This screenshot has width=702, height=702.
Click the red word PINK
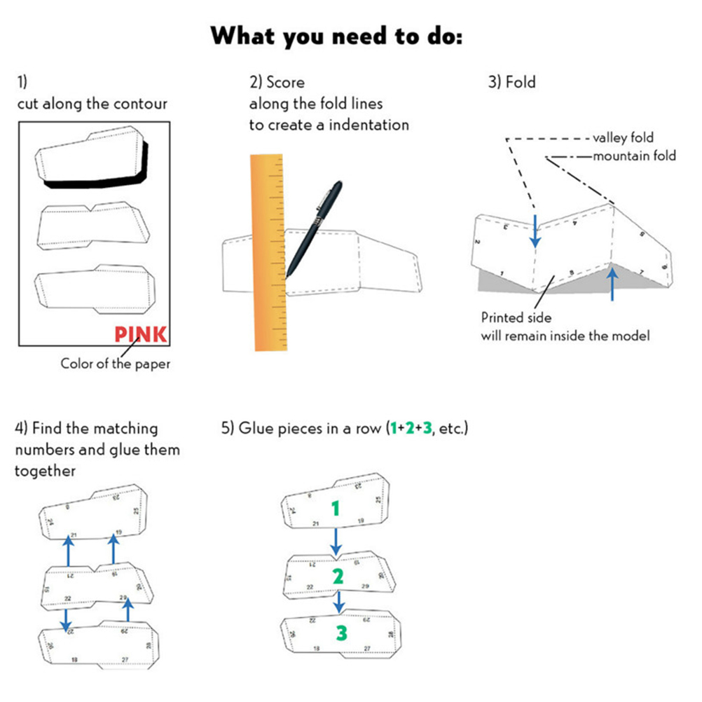coord(141,333)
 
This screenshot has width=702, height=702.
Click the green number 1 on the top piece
coord(336,508)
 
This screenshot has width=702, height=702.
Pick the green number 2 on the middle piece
coord(338,576)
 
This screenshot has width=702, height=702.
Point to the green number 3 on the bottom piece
coord(340,633)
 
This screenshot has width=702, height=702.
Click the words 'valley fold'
coord(623,137)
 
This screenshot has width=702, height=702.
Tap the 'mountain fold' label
coord(634,156)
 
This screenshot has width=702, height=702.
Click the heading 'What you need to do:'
coord(337,35)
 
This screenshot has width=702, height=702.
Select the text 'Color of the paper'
coord(115,364)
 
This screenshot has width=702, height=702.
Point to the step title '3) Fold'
coord(511,82)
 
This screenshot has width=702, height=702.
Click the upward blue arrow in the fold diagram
coord(613,285)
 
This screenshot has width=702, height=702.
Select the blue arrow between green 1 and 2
coord(336,540)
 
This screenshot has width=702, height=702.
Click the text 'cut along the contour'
coord(92,104)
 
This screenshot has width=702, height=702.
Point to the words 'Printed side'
coord(516,317)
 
